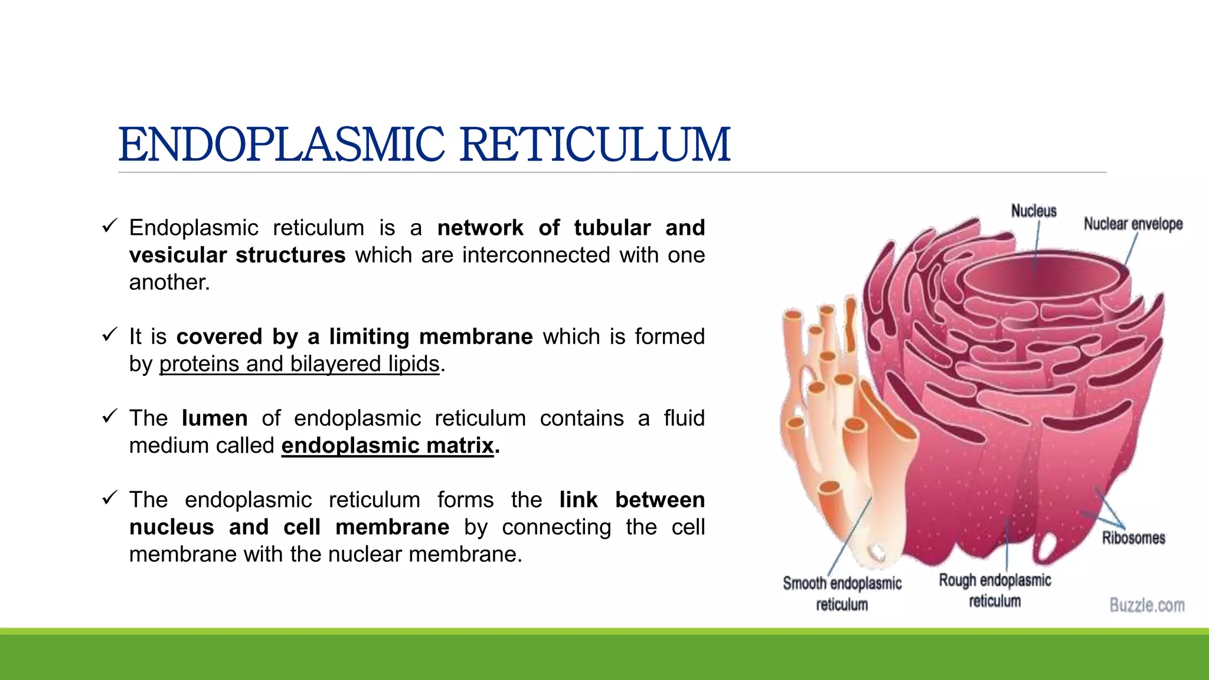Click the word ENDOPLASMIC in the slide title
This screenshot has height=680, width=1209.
coord(281,145)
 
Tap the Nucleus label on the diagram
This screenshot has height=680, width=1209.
coord(1034,211)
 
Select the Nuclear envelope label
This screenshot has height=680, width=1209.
coord(1133,224)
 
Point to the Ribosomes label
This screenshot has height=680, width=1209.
coord(1133,538)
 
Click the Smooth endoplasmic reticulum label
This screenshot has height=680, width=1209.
coord(842,593)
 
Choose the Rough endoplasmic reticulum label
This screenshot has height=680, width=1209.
coord(995,590)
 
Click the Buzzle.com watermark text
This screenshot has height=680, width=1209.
coord(1146,606)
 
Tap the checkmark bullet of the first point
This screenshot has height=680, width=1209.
coord(109,226)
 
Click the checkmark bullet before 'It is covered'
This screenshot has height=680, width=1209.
coord(109,335)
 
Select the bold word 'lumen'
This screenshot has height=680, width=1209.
coord(214,419)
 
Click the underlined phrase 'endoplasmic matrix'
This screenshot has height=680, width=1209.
coord(387,446)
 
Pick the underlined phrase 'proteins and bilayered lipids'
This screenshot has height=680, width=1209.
coord(299,364)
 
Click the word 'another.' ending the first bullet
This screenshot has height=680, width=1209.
coord(169,283)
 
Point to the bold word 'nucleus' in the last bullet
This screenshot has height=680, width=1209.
coord(171,527)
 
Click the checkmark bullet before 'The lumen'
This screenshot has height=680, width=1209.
coord(109,417)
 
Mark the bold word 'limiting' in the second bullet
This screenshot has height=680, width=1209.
coord(369,337)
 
